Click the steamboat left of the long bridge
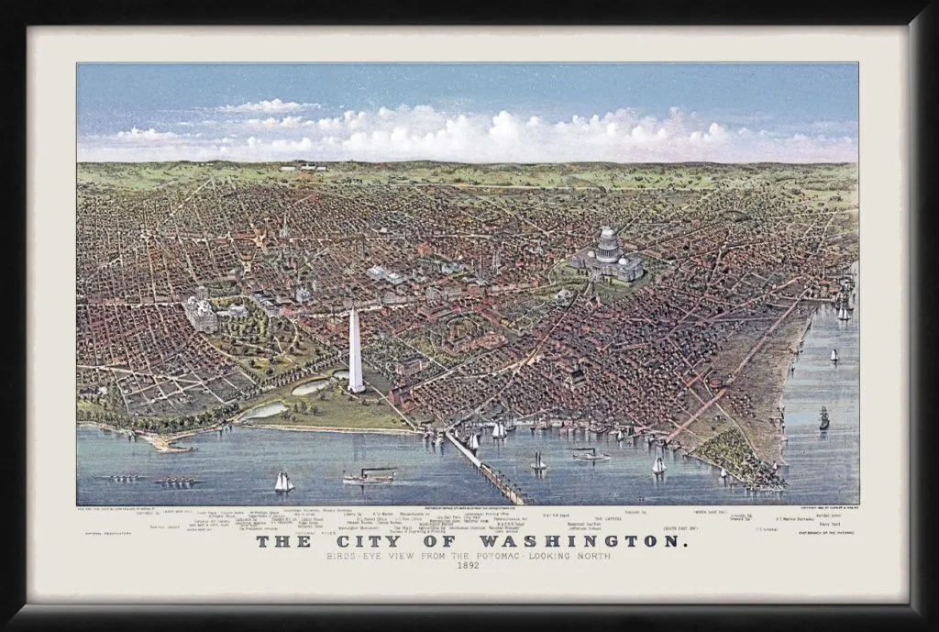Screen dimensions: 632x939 (369, 476)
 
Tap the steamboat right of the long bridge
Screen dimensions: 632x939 (590, 454)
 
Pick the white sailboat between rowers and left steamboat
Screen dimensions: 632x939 (283, 482)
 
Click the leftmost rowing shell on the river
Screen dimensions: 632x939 (126, 477)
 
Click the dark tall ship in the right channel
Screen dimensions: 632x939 (823, 418)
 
